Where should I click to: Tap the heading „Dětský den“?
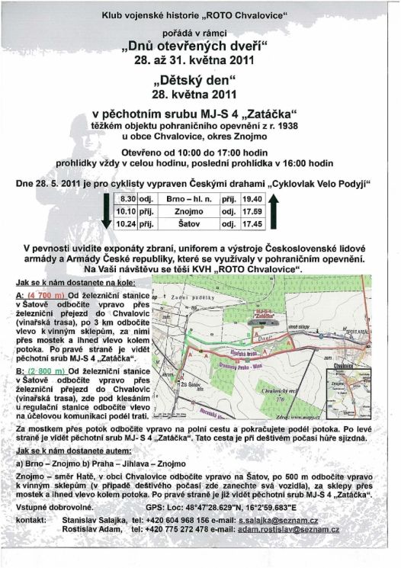pyautogui.click(x=200, y=82)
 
